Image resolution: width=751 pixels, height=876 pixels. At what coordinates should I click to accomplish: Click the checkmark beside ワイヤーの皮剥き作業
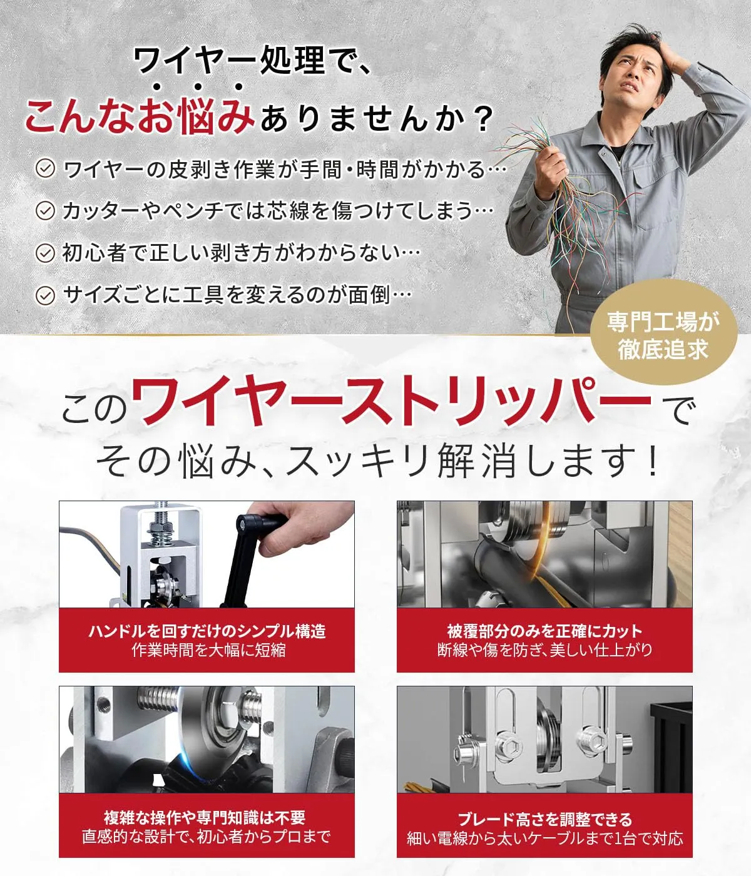(45, 169)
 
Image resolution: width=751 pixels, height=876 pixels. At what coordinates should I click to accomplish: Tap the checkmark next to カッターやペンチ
(45, 211)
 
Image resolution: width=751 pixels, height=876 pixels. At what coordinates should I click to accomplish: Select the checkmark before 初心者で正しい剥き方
(45, 253)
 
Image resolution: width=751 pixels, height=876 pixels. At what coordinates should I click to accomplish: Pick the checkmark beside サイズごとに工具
(45, 295)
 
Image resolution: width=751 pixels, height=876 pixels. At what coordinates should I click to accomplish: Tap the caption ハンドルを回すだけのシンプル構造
(207, 631)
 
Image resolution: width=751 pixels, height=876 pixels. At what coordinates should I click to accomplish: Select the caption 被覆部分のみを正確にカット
(545, 631)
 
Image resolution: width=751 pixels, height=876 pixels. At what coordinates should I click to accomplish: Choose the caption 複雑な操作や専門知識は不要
(205, 817)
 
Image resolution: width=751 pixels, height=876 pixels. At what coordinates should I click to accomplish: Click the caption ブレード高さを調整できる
(545, 819)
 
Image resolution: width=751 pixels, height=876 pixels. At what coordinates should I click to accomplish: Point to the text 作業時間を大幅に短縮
(208, 649)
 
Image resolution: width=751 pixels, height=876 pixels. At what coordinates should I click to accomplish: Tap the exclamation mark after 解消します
(652, 461)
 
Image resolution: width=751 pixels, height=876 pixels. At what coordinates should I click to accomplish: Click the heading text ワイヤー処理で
(253, 61)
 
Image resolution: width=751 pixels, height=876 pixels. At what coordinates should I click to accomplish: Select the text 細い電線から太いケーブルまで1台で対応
(545, 838)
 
